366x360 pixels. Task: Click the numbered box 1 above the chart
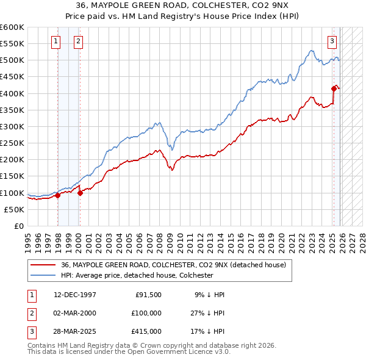[56, 41]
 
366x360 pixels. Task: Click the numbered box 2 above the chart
[79, 41]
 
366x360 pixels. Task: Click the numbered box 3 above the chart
[332, 41]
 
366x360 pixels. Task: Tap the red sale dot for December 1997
[57, 196]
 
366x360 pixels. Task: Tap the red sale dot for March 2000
[80, 193]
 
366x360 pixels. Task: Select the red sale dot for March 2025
[334, 88]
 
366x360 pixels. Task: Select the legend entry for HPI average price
[137, 275]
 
